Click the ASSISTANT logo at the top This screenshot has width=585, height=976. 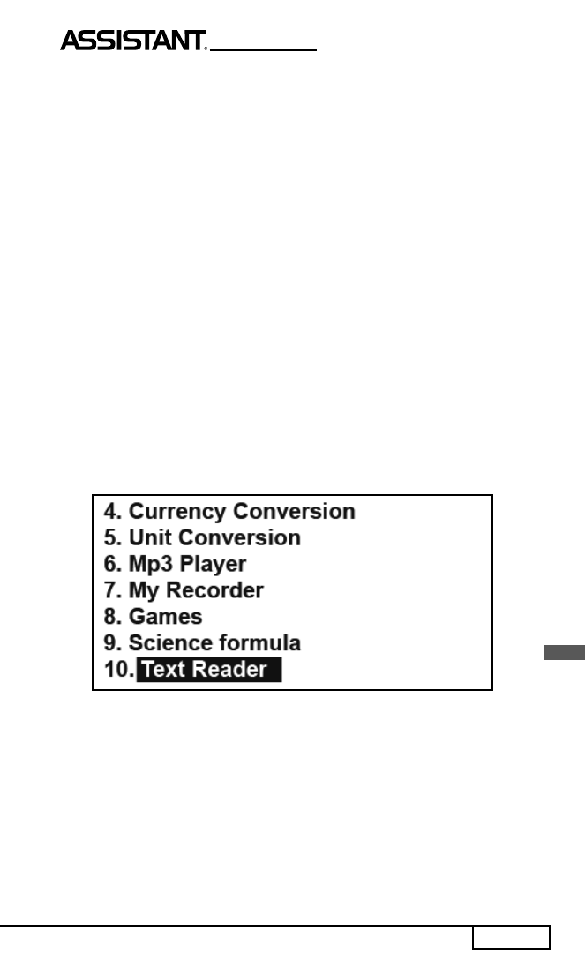pyautogui.click(x=133, y=41)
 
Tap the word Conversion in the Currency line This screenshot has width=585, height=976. pyautogui.click(x=294, y=511)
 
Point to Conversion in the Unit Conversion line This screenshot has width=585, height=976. pyautogui.click(x=240, y=537)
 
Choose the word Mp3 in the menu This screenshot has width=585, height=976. pyautogui.click(x=151, y=565)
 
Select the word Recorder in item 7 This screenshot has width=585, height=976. pyautogui.click(x=214, y=590)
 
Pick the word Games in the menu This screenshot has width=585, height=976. pyautogui.click(x=166, y=616)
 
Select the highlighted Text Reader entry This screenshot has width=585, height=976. pyautogui.click(x=209, y=670)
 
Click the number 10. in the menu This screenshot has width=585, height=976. pyautogui.click(x=119, y=670)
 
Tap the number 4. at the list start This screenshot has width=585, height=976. pyautogui.click(x=113, y=511)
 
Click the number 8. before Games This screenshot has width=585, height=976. pyautogui.click(x=113, y=616)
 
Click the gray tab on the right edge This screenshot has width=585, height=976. pyautogui.click(x=564, y=652)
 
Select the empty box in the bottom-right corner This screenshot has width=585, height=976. pyautogui.click(x=511, y=937)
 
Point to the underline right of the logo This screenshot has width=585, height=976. pyautogui.click(x=264, y=49)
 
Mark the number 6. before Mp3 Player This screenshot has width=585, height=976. pyautogui.click(x=113, y=564)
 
